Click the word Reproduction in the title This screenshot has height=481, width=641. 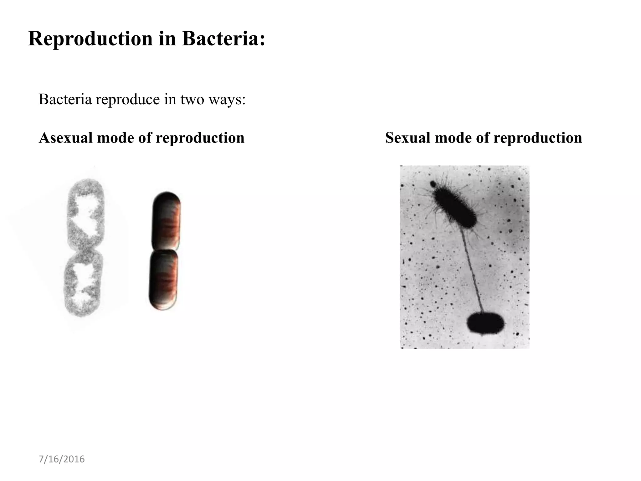[x=90, y=39]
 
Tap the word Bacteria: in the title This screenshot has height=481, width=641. [x=223, y=39]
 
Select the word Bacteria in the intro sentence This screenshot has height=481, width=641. [x=65, y=100]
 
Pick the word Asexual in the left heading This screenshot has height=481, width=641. [x=66, y=138]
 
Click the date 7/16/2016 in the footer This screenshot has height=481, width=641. [x=62, y=459]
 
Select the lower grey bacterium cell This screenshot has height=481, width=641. [x=83, y=283]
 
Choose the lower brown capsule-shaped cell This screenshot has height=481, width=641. [x=163, y=280]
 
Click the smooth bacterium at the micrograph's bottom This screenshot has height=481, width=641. [x=485, y=323]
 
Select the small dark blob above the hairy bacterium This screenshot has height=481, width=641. [x=433, y=184]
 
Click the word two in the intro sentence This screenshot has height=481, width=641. [x=192, y=100]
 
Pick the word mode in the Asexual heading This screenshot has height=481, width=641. [x=115, y=138]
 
